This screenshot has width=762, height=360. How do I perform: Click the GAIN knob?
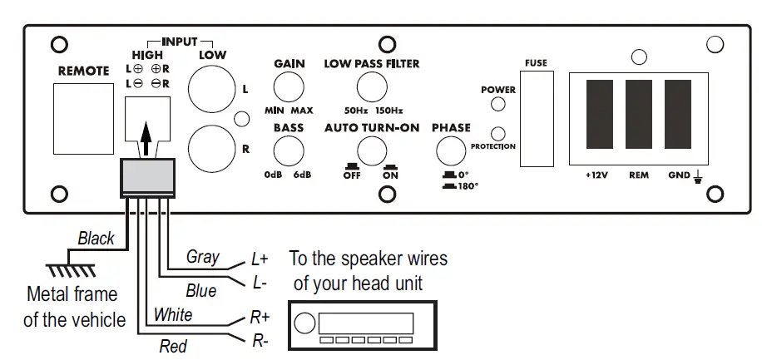point(289,86)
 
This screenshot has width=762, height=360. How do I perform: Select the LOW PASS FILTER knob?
point(372,86)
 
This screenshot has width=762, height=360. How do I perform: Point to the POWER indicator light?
point(498,104)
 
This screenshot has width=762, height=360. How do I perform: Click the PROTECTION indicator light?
point(498,132)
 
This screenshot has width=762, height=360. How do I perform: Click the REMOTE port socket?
point(83,114)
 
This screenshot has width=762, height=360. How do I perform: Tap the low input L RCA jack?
point(212,87)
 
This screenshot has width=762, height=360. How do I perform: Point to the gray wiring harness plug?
point(147,176)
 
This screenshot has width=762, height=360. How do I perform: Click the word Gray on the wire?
point(202,257)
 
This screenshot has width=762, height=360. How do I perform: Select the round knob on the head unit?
point(305,325)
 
